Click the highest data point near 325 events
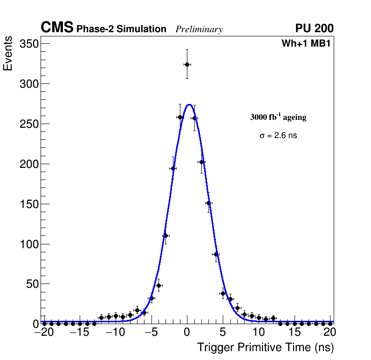click(187, 64)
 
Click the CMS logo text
click(57, 28)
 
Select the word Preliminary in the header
click(199, 30)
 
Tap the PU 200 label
click(314, 28)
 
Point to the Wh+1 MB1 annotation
click(306, 44)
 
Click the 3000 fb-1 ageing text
click(278, 118)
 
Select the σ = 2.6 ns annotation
click(278, 136)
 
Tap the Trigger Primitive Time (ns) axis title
click(265, 347)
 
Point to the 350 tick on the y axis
click(29, 44)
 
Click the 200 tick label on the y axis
click(29, 164)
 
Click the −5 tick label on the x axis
click(151, 332)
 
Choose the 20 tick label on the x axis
click(330, 332)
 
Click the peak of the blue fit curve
click(189, 104)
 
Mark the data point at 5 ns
click(223, 294)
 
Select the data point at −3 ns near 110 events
click(165, 235)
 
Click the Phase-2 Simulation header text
click(121, 29)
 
